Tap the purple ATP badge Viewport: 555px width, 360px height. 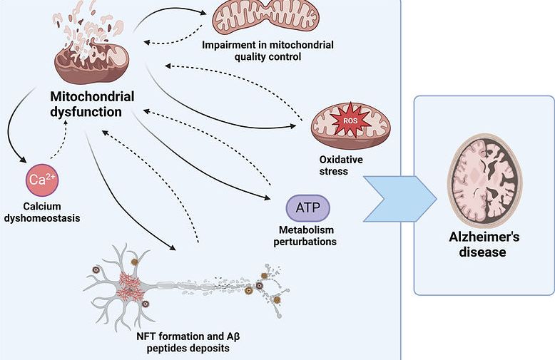(x=308, y=208)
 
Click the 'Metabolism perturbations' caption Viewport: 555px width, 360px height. (x=308, y=235)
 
